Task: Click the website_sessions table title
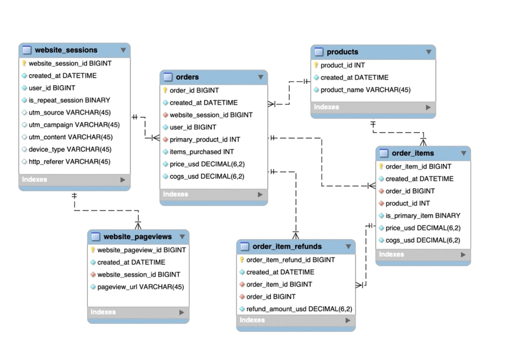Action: click(x=66, y=50)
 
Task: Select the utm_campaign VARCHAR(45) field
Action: click(x=74, y=125)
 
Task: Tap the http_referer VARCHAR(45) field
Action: click(x=69, y=162)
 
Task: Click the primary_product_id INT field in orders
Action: click(x=205, y=139)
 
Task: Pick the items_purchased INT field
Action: click(x=202, y=152)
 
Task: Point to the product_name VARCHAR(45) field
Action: click(x=365, y=90)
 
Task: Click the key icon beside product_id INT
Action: click(x=316, y=66)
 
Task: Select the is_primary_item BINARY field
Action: click(x=423, y=215)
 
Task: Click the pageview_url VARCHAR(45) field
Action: click(x=140, y=287)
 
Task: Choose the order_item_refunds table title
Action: click(x=287, y=247)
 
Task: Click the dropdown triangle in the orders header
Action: click(x=261, y=78)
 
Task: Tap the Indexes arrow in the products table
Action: click(x=428, y=107)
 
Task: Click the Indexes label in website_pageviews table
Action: click(x=103, y=312)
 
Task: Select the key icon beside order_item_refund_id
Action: click(x=242, y=260)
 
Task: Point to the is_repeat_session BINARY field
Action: click(x=69, y=100)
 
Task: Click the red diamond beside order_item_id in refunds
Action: click(x=242, y=285)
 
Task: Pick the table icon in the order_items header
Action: click(x=384, y=153)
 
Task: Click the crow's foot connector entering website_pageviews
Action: click(x=138, y=224)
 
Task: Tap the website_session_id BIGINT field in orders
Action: click(x=211, y=115)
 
